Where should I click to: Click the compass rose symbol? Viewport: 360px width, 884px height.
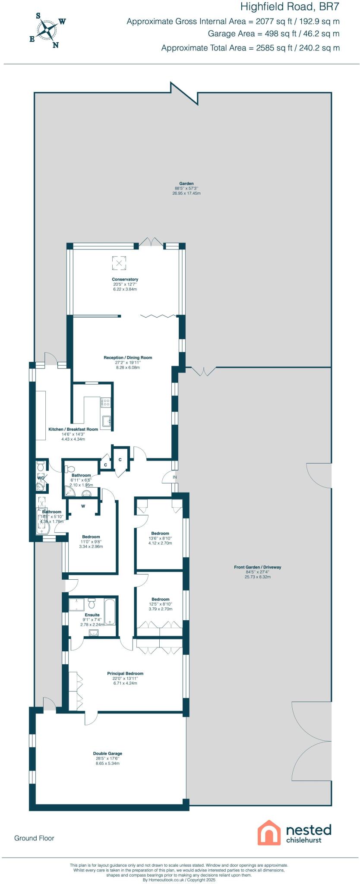(47, 30)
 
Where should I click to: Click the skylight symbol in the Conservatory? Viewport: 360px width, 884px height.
(119, 263)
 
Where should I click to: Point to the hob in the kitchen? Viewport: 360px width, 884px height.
(106, 403)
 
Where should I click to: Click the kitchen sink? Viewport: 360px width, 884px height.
(106, 420)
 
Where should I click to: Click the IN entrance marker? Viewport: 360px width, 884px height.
(175, 477)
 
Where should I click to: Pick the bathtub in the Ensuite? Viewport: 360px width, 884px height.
(110, 612)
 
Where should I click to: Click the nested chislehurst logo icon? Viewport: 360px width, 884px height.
(269, 833)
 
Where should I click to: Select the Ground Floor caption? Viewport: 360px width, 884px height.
(34, 838)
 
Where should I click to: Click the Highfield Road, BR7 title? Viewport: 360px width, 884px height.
(290, 7)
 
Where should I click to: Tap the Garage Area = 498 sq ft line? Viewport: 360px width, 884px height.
(273, 34)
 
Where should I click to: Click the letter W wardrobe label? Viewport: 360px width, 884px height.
(83, 506)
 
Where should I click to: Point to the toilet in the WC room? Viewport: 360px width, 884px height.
(41, 465)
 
